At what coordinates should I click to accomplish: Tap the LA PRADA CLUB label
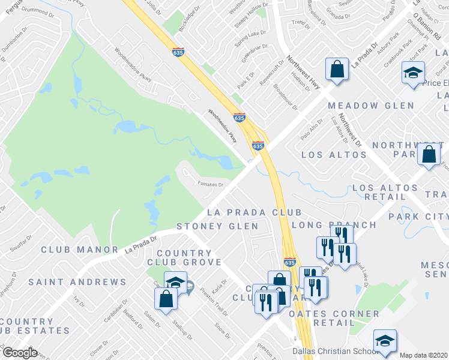(x=254, y=212)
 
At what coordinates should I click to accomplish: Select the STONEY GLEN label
(x=217, y=226)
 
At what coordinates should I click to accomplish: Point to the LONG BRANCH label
(x=334, y=225)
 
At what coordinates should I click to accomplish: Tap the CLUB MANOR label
(x=80, y=249)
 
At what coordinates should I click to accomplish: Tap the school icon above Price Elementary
(x=413, y=73)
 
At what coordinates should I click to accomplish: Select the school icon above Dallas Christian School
(x=385, y=341)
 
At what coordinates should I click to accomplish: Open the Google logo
(x=20, y=353)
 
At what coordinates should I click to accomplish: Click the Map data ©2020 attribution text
(x=424, y=355)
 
